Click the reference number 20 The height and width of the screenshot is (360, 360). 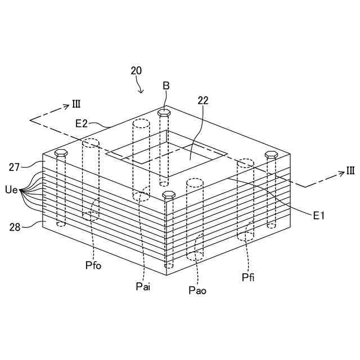(x=136, y=71)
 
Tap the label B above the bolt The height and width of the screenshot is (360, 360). (x=166, y=85)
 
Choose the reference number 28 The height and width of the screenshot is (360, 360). (x=15, y=227)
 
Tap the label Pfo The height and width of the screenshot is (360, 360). (x=93, y=265)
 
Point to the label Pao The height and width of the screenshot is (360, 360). (x=198, y=290)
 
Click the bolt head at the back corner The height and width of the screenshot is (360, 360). (x=164, y=112)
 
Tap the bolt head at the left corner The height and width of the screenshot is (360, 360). (x=61, y=153)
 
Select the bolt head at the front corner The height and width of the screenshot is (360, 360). (x=168, y=195)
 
